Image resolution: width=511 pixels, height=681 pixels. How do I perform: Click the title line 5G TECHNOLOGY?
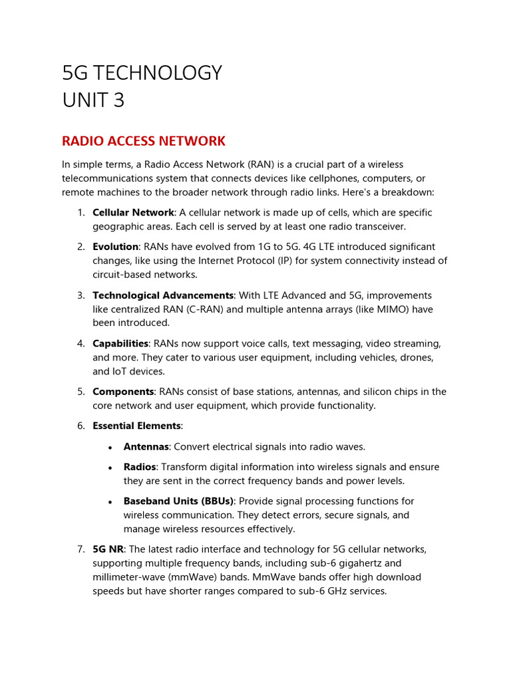tap(142, 72)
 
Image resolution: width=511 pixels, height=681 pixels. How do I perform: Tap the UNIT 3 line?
tap(93, 100)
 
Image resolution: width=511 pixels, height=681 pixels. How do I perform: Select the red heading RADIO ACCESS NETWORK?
tap(144, 141)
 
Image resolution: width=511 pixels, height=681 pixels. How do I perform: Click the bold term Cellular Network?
tap(133, 213)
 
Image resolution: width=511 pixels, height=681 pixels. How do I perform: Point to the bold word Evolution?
tap(115, 247)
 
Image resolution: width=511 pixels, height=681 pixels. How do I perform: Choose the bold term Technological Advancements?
tap(163, 295)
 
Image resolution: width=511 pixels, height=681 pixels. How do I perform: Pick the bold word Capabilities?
tap(120, 344)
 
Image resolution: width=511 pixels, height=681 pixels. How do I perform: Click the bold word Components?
tap(122, 392)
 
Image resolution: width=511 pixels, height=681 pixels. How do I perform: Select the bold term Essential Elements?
tap(136, 426)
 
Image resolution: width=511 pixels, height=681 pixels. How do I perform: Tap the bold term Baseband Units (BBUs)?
tap(178, 501)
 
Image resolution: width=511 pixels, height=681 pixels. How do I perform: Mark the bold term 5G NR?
tap(108, 549)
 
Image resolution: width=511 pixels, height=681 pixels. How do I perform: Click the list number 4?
tap(81, 344)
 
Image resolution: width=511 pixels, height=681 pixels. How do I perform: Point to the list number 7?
tap(81, 549)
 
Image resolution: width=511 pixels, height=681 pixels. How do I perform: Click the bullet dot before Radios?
tap(110, 468)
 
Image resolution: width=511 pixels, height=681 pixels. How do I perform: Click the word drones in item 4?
tap(419, 358)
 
